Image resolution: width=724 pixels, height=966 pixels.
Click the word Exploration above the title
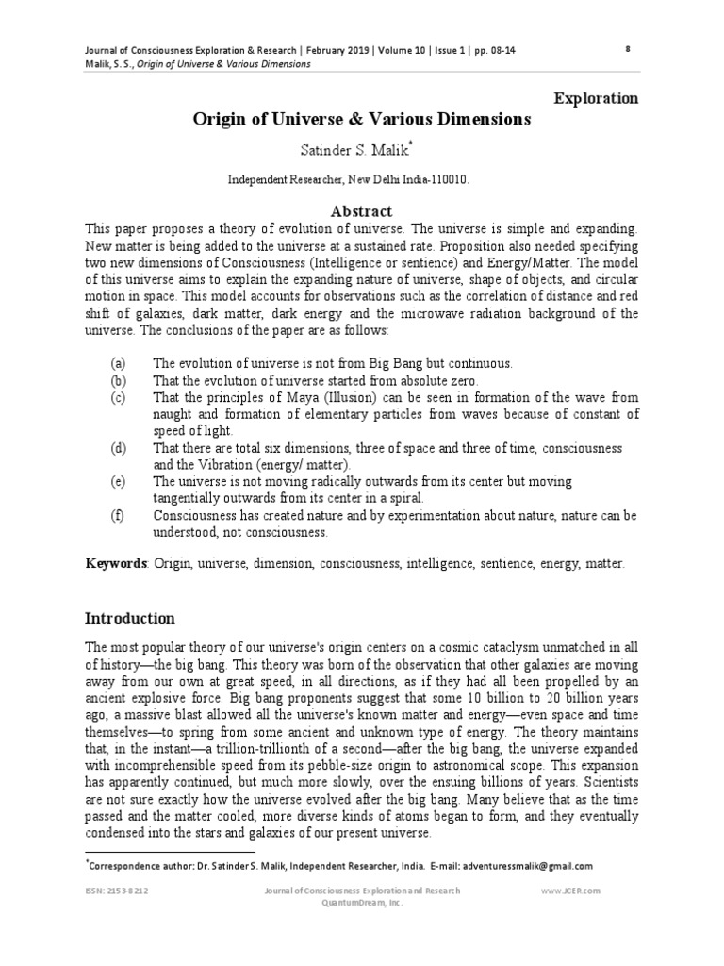595,98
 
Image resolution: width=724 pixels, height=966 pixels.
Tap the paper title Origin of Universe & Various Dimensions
362,120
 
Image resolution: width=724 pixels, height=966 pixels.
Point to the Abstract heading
362,211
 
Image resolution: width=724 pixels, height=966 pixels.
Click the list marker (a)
118,363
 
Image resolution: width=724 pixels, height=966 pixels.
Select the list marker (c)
118,397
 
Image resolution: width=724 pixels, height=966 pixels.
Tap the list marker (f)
118,516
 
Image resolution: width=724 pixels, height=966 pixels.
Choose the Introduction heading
130,619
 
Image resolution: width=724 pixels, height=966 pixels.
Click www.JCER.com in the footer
571,891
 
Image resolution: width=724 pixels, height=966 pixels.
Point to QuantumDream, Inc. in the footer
362,902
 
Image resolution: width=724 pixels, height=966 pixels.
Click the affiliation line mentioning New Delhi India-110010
362,178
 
